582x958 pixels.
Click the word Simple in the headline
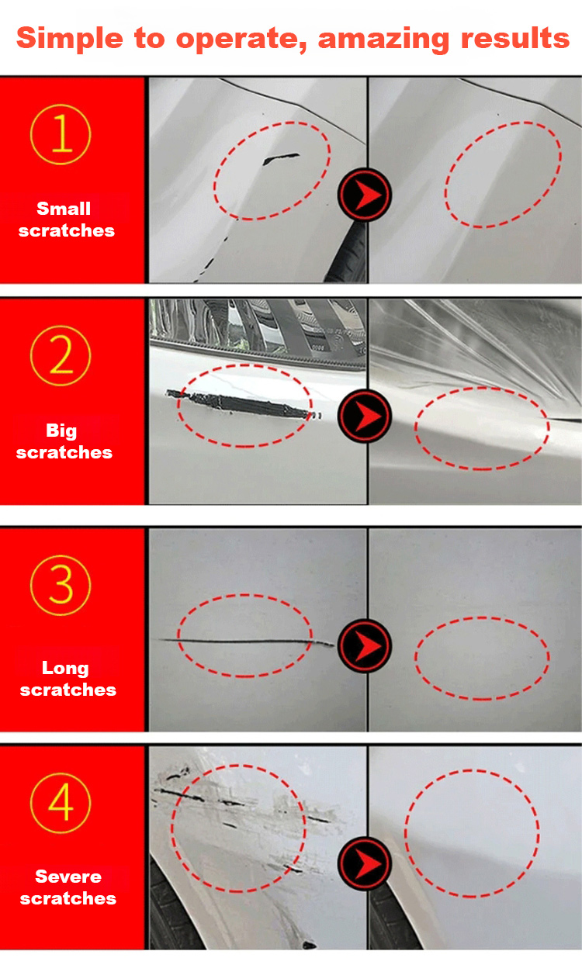pos(70,40)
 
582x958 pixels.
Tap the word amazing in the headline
pos(383,40)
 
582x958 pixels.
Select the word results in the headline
pos(515,38)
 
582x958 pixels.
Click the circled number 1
pos(61,134)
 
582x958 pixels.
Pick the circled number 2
pos(61,355)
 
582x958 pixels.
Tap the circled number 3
pos(61,585)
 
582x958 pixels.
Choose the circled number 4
pos(61,803)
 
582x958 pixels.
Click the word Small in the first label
pos(64,209)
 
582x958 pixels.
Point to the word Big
pos(61,431)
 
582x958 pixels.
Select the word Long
pos(65,669)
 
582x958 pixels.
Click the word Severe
pos(68,877)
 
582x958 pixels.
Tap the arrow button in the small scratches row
pos(365,195)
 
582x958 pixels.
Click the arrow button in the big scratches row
pos(365,416)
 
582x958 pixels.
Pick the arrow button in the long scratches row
pos(365,645)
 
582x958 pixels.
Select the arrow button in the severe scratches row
pos(365,863)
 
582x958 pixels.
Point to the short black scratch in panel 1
pos(280,159)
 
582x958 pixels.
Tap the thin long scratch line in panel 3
pos(246,641)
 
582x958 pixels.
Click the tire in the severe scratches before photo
pos(171,915)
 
